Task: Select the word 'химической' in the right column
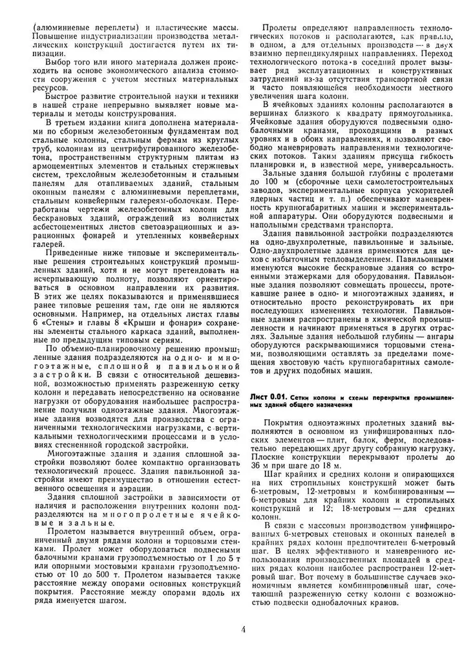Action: (379, 319)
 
